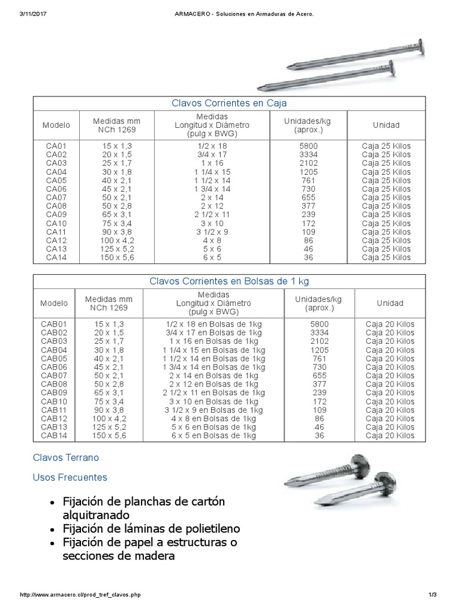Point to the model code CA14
pyautogui.click(x=55, y=258)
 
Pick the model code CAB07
pyautogui.click(x=55, y=376)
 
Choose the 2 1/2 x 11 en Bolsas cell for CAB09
pyautogui.click(x=213, y=393)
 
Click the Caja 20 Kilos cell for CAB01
pyautogui.click(x=390, y=324)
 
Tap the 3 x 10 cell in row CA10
pyautogui.click(x=212, y=224)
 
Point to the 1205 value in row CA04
pyautogui.click(x=307, y=172)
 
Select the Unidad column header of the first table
pyautogui.click(x=386, y=125)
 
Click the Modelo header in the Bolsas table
pyautogui.click(x=55, y=303)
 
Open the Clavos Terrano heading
pyautogui.click(x=65, y=458)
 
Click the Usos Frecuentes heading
pyautogui.click(x=70, y=477)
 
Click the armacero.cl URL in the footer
pyautogui.click(x=81, y=595)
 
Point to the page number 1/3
pyautogui.click(x=432, y=595)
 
